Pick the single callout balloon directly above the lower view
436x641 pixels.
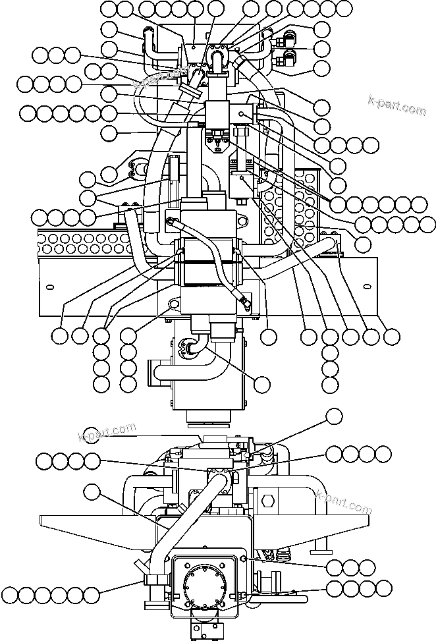click(335, 416)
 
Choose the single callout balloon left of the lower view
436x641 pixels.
click(93, 491)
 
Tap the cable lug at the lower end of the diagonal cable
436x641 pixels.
click(244, 303)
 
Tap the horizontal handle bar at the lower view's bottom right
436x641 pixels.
click(283, 597)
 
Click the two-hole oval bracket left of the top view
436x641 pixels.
click(138, 169)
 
